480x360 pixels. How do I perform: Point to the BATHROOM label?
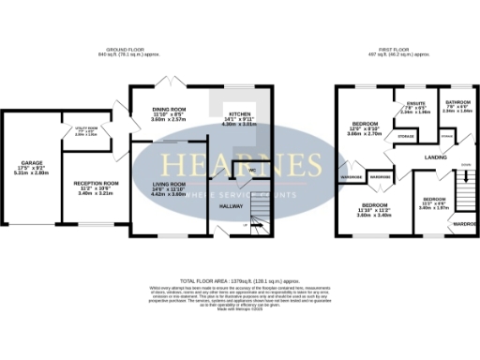(457, 102)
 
